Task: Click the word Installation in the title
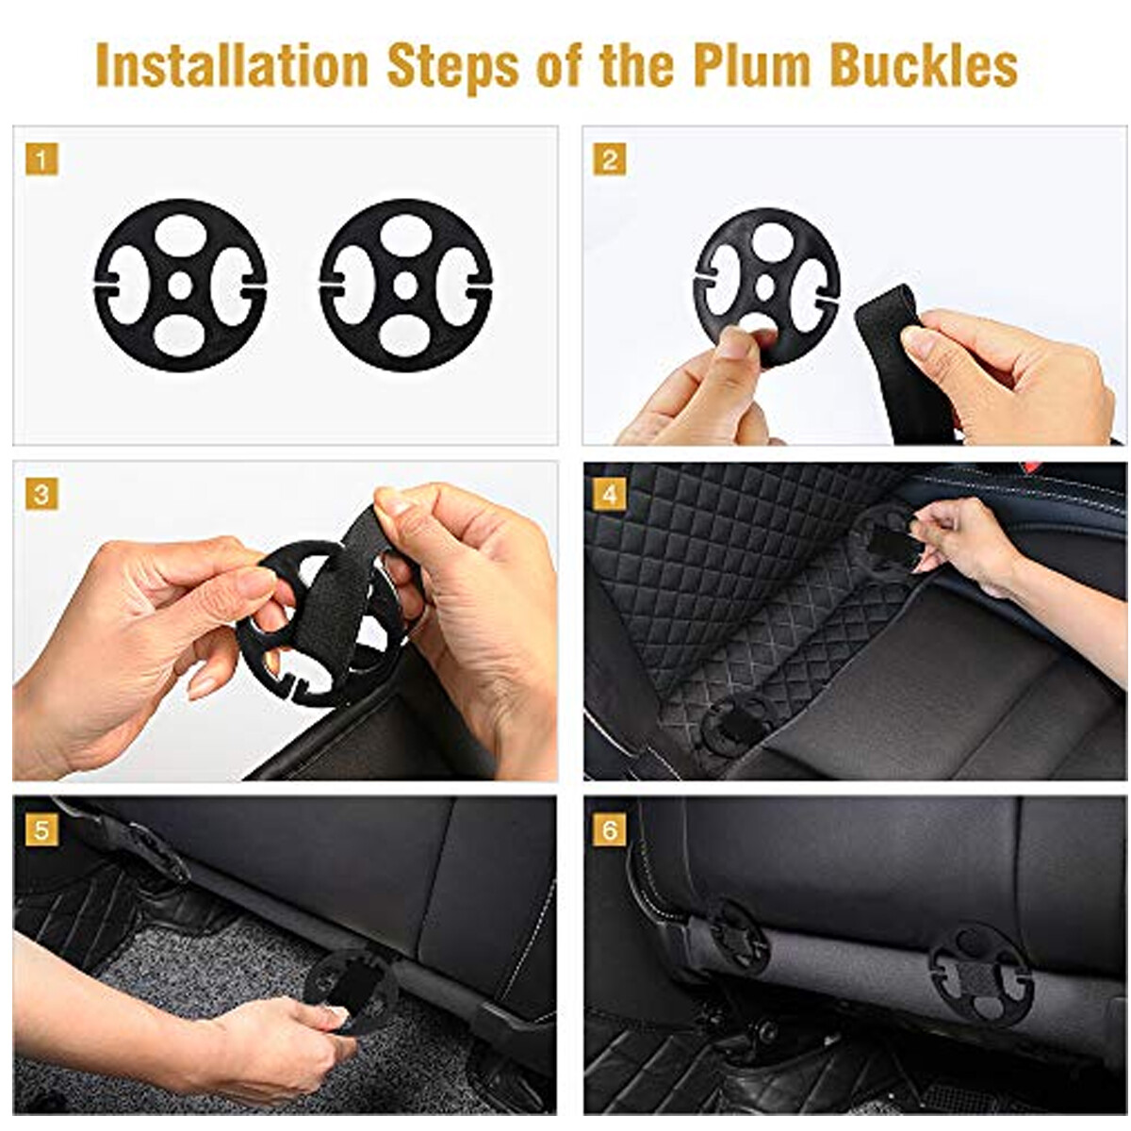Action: click(x=232, y=65)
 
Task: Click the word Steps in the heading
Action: click(x=453, y=66)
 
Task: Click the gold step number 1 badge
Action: click(x=41, y=158)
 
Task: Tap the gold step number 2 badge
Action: click(x=610, y=159)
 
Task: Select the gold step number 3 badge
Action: click(x=41, y=494)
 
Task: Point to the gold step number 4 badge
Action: click(x=610, y=494)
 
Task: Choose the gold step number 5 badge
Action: click(x=41, y=829)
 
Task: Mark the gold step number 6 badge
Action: click(x=610, y=829)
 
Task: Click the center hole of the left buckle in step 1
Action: click(x=180, y=286)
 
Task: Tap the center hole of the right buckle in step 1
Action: click(x=405, y=286)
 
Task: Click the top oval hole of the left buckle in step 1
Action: click(x=181, y=235)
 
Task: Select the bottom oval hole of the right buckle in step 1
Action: click(x=405, y=336)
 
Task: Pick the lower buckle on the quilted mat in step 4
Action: click(x=738, y=725)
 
